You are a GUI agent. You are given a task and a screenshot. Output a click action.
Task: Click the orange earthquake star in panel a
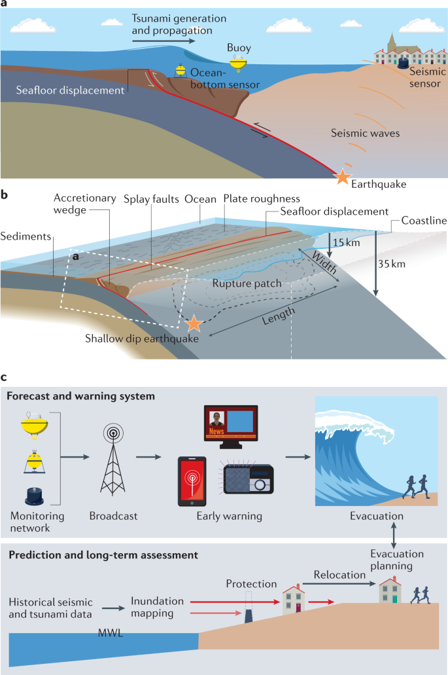point(341,177)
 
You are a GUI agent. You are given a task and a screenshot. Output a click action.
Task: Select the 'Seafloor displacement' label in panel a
point(71,90)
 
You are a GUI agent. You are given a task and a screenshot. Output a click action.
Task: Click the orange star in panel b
point(193,323)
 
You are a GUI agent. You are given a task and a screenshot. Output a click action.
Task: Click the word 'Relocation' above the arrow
point(339,574)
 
